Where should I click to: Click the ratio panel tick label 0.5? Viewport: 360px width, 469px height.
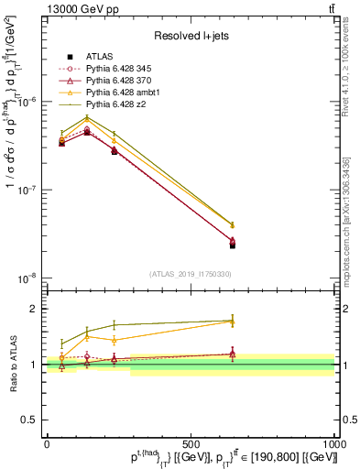[x=29, y=420]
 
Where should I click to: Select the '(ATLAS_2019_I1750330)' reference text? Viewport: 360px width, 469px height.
[x=190, y=273]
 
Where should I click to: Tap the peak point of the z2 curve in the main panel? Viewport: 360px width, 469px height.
[x=87, y=116]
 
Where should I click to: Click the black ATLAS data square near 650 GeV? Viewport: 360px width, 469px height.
[x=233, y=245]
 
